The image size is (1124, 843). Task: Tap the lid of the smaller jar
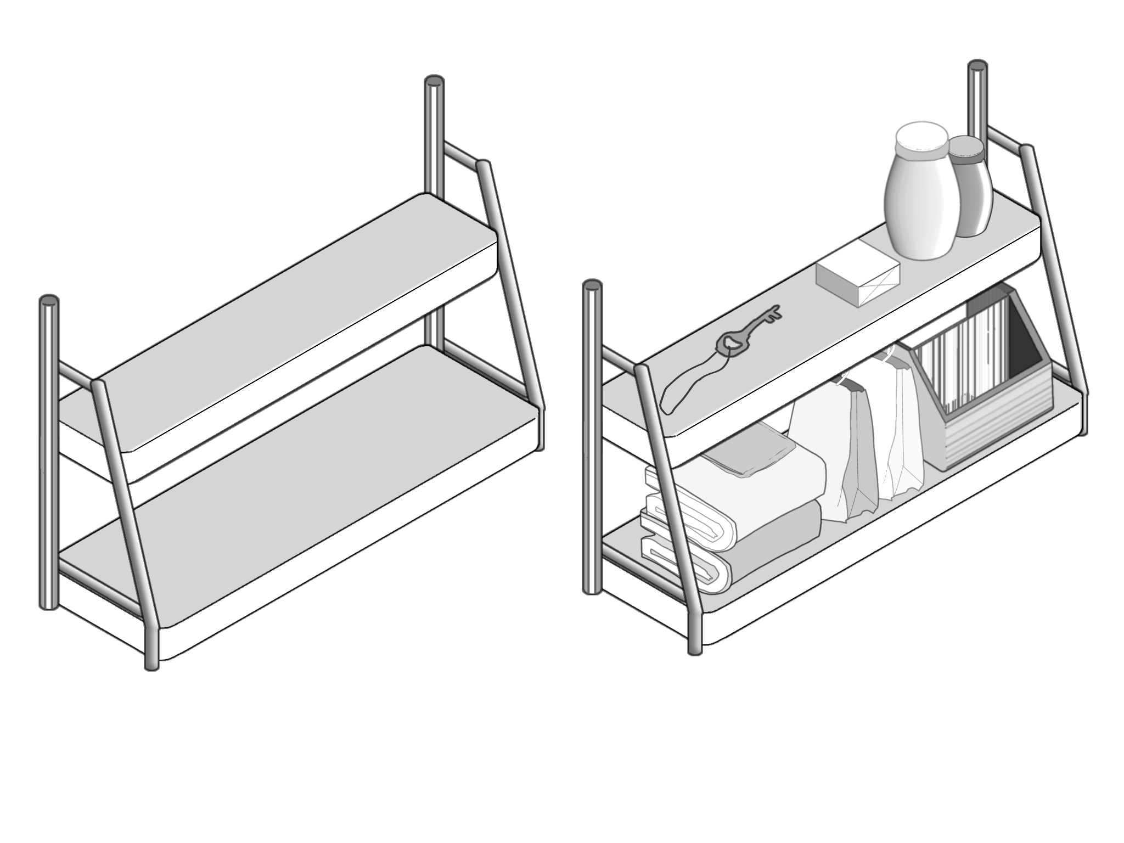click(x=967, y=147)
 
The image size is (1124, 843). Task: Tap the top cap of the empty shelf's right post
click(x=434, y=82)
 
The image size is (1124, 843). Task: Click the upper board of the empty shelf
click(x=296, y=324)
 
